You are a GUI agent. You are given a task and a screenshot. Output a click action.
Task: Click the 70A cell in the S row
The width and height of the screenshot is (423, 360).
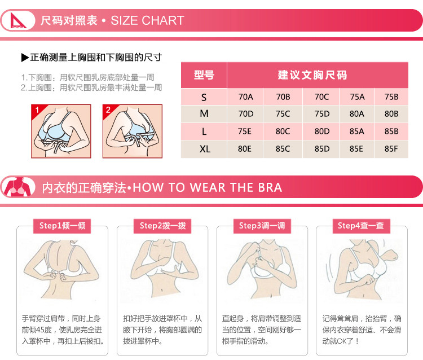click(x=245, y=96)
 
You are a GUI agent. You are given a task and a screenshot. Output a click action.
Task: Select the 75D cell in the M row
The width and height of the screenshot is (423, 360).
click(x=321, y=114)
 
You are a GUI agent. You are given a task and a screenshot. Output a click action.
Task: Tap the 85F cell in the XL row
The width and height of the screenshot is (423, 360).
click(x=391, y=149)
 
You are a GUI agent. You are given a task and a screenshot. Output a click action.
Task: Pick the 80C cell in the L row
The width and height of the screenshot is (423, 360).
click(x=283, y=131)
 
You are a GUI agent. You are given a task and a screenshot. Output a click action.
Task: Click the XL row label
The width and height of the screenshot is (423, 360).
click(x=205, y=149)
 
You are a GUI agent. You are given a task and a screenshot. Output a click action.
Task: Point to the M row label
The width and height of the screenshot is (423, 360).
click(x=204, y=114)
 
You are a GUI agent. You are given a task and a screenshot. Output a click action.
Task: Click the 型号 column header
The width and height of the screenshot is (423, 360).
click(x=204, y=75)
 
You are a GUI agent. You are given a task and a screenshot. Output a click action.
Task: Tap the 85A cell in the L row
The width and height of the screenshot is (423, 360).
click(x=356, y=131)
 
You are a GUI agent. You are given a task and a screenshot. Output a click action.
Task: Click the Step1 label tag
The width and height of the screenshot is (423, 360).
click(x=62, y=226)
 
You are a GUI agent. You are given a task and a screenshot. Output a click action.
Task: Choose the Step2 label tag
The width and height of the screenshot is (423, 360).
click(x=162, y=226)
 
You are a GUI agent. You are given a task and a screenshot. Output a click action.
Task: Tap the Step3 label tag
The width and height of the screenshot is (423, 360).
click(x=262, y=226)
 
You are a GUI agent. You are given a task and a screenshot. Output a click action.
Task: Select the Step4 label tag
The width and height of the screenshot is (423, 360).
click(x=361, y=226)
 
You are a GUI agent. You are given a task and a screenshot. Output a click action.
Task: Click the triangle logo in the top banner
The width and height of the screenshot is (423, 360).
click(x=17, y=20)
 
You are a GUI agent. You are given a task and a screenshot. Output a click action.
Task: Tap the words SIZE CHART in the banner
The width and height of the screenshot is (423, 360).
click(x=147, y=20)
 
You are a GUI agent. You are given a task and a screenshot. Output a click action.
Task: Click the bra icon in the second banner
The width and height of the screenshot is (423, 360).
click(x=19, y=187)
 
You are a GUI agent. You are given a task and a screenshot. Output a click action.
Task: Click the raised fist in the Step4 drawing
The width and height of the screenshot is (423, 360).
click(x=391, y=255)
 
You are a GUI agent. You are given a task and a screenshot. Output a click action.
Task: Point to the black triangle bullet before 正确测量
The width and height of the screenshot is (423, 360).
click(x=25, y=58)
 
